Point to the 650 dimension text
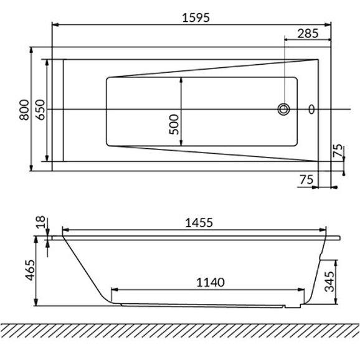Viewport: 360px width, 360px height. coord(39,109)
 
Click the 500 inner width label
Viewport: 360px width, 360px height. coord(174,124)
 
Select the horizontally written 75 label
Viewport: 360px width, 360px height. coord(305,179)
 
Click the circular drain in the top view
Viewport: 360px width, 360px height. coord(284,110)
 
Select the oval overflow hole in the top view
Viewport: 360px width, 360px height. coord(312,110)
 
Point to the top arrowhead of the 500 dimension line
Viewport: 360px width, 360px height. coord(181,80)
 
